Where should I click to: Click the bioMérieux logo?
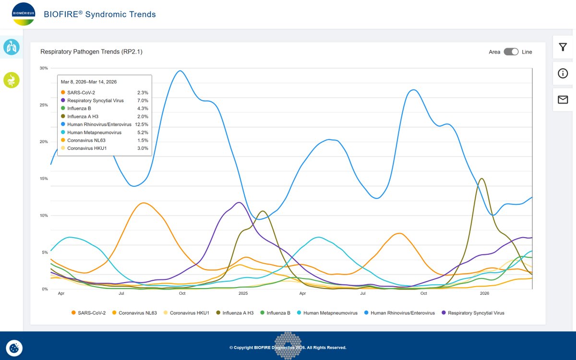[24, 14]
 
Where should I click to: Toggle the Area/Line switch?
[511, 52]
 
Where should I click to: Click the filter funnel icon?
[563, 47]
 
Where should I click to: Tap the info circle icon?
[563, 73]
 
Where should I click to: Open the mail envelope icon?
[563, 99]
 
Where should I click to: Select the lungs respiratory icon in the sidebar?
[12, 47]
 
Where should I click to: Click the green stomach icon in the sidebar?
[12, 80]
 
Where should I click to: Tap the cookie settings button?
[14, 348]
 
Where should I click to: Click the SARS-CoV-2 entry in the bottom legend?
[89, 313]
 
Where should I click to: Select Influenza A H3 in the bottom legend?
[235, 313]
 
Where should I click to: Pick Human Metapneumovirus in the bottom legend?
[327, 313]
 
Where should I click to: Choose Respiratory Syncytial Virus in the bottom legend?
[473, 313]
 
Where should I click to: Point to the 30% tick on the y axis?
[44, 68]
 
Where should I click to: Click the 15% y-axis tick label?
[44, 179]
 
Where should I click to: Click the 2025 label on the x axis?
[243, 293]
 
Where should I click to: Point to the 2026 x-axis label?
[484, 293]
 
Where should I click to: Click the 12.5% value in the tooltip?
[142, 124]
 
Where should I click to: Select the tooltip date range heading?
[89, 82]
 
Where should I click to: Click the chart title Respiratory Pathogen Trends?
[91, 52]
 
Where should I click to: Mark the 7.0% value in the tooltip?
[143, 100]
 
